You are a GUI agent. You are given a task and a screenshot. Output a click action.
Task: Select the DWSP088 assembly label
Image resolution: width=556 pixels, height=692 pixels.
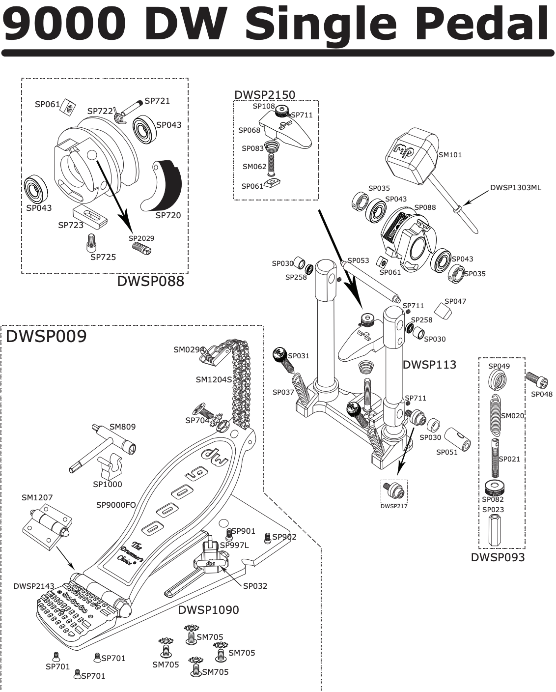coord(150,281)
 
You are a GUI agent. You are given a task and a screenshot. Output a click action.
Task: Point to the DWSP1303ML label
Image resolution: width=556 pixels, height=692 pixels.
coord(516,188)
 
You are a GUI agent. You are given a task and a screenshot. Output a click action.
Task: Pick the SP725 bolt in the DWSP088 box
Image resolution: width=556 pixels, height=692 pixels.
coord(90,241)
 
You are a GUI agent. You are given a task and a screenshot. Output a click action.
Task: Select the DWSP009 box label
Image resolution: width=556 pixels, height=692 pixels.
coord(46,337)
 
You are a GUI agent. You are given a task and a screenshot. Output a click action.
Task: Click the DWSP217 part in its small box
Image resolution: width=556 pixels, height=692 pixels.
coord(394,490)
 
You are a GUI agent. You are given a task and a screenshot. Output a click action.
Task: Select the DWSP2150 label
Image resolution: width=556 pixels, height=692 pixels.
coord(265,95)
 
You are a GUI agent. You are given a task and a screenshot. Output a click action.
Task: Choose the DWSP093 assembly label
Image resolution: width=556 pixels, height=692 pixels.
coord(498,557)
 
